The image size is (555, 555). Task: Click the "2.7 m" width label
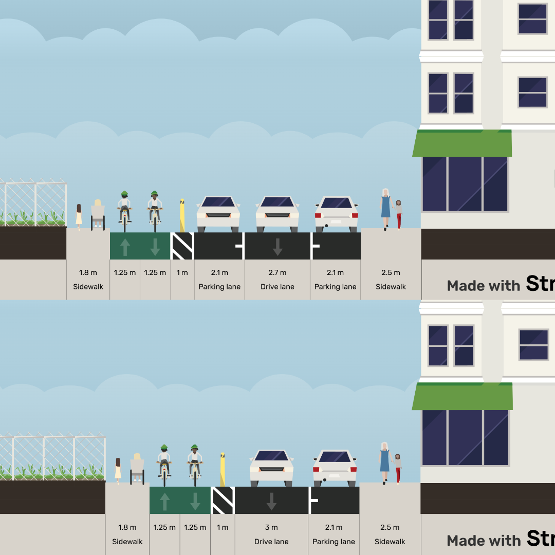277,273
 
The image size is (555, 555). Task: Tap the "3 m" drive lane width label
271,528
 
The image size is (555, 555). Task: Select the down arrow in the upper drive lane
277,247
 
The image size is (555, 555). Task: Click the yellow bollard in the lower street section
223,469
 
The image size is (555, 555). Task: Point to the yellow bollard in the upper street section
182,216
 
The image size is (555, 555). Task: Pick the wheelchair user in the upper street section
98,215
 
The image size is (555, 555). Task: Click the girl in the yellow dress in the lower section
118,470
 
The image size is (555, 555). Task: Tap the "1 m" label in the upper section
182,273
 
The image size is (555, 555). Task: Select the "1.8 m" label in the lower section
127,528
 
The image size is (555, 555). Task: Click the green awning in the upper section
462,143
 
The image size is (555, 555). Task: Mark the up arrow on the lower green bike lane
165,501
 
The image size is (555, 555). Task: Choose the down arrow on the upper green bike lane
155,247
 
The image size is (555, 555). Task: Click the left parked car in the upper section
218,213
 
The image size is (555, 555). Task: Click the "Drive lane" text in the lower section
271,542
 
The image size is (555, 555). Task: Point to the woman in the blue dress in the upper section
385,208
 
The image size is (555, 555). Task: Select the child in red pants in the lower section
398,468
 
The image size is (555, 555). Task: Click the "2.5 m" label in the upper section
391,273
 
